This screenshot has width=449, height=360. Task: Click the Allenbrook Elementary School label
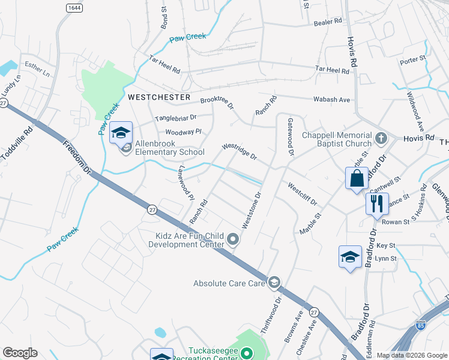(x=170, y=148)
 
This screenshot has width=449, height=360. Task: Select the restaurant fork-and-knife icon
(x=377, y=203)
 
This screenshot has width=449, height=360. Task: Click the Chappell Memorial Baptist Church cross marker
(x=380, y=139)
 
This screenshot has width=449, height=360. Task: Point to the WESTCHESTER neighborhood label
(x=158, y=97)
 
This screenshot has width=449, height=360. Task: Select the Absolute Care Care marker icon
(x=274, y=282)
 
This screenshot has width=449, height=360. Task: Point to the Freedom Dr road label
(x=77, y=158)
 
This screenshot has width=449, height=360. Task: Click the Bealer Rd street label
(x=328, y=22)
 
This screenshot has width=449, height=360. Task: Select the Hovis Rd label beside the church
(x=421, y=137)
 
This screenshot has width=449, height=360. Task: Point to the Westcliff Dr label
(x=302, y=194)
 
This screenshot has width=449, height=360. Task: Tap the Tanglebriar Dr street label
(x=176, y=118)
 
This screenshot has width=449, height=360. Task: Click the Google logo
(x=20, y=353)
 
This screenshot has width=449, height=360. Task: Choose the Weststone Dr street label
(x=252, y=210)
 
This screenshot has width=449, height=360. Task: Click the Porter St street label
(x=412, y=60)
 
